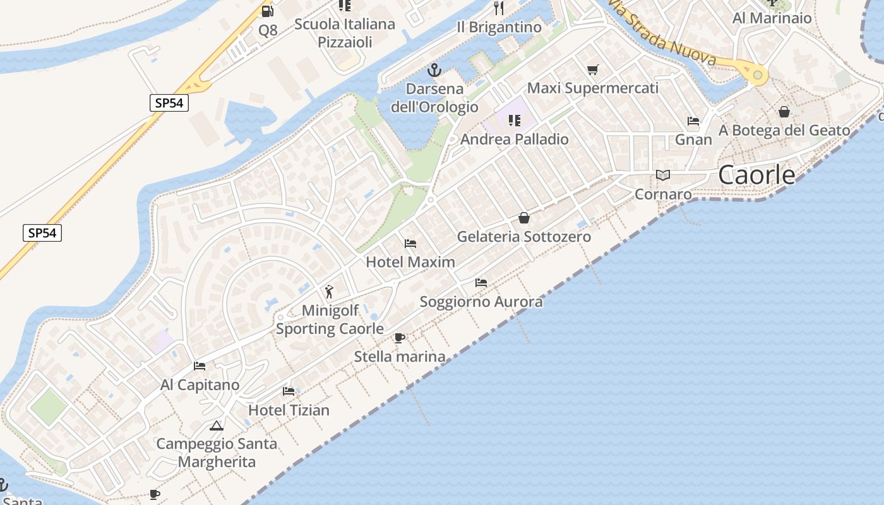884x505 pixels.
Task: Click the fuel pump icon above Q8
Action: click(x=267, y=11)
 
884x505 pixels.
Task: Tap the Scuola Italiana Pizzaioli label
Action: click(x=345, y=33)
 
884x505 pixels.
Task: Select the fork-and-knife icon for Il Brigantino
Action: click(x=499, y=8)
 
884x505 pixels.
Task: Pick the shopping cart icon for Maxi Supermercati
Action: click(x=592, y=69)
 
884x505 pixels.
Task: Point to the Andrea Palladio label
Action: click(x=515, y=139)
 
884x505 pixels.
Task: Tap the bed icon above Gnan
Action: click(x=693, y=121)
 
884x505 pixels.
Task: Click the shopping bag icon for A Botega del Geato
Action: click(x=784, y=112)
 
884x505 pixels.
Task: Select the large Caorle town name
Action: click(x=756, y=175)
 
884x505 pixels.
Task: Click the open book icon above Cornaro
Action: click(x=662, y=175)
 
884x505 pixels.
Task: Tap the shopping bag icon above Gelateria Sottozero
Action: click(x=524, y=218)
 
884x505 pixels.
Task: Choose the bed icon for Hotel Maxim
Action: click(x=410, y=243)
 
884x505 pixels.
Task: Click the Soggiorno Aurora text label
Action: click(x=481, y=302)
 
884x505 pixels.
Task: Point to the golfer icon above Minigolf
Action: click(x=329, y=291)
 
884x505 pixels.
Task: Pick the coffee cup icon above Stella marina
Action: click(x=400, y=338)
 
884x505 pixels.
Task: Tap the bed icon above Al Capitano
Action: click(x=200, y=365)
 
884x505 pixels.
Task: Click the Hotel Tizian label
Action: click(x=289, y=410)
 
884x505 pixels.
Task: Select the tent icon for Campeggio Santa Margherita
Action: click(x=217, y=425)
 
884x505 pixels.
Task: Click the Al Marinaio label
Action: click(x=772, y=18)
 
